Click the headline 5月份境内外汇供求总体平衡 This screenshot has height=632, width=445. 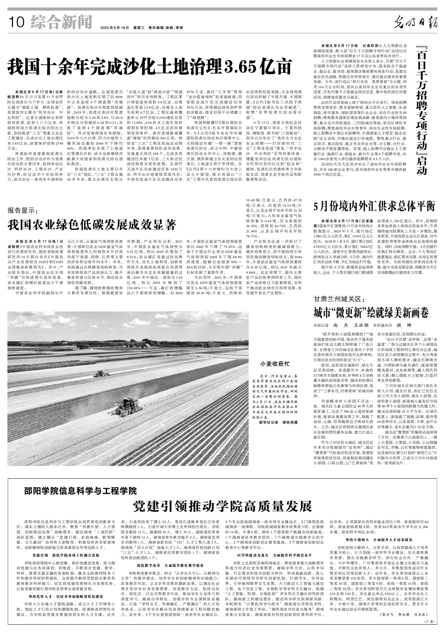(375, 206)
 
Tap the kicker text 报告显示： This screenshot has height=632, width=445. (22, 211)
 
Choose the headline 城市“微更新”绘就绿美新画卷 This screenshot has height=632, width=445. (371, 312)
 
